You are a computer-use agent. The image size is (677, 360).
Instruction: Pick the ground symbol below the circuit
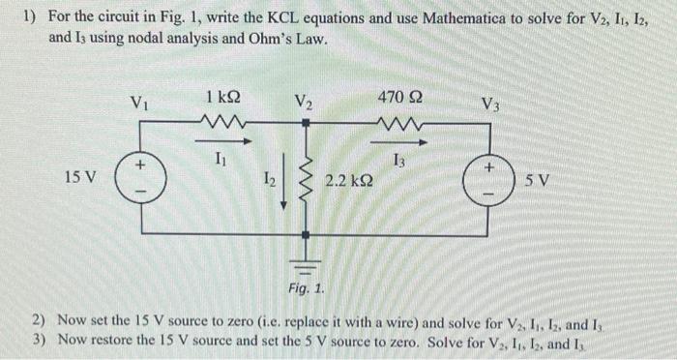[307, 259]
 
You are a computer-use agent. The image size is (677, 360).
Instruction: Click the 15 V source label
[80, 178]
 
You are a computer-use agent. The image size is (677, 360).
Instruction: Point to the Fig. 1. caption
[307, 287]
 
